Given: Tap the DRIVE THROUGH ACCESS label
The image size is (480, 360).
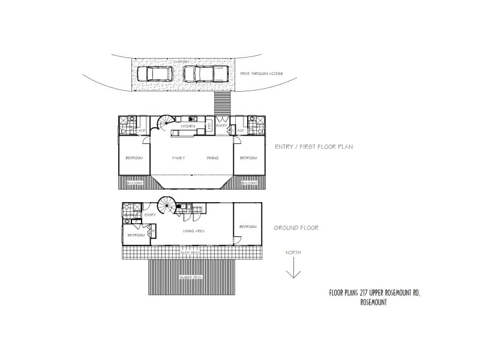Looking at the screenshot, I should click(261, 74).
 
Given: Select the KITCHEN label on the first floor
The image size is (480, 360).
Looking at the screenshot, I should click(188, 126).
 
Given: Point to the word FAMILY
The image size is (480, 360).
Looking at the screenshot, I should click(178, 158).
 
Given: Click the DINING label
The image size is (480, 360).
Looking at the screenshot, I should click(212, 158).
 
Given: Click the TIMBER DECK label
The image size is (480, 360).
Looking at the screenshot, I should click(190, 277).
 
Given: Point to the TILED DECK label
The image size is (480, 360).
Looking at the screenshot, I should click(191, 253).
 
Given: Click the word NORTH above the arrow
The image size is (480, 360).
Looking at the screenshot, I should click(293, 253).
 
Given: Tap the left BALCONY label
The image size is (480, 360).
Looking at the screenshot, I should click(134, 183).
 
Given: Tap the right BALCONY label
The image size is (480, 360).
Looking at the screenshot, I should click(248, 183).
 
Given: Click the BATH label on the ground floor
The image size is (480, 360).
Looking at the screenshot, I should click(128, 214).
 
